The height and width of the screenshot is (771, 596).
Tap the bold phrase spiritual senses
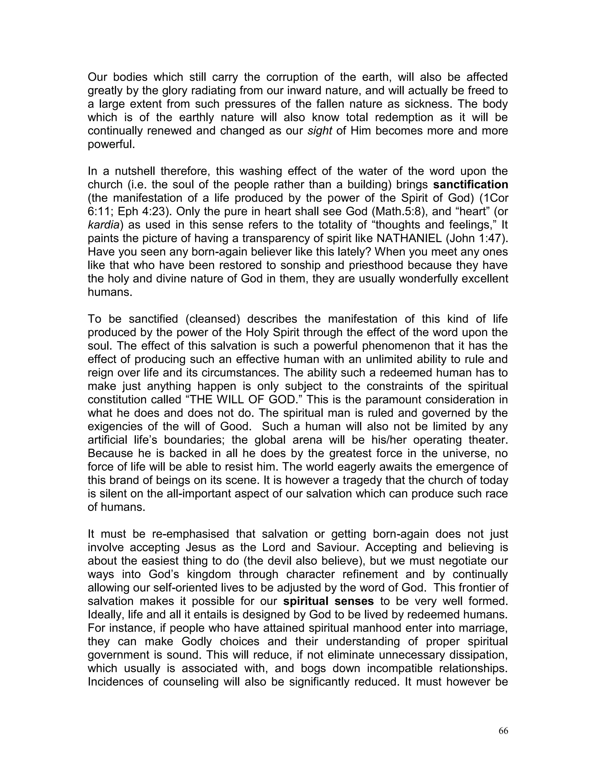coord(328,601)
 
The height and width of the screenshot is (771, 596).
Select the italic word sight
coord(320,131)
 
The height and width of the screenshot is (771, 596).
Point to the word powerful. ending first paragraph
coord(111,144)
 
